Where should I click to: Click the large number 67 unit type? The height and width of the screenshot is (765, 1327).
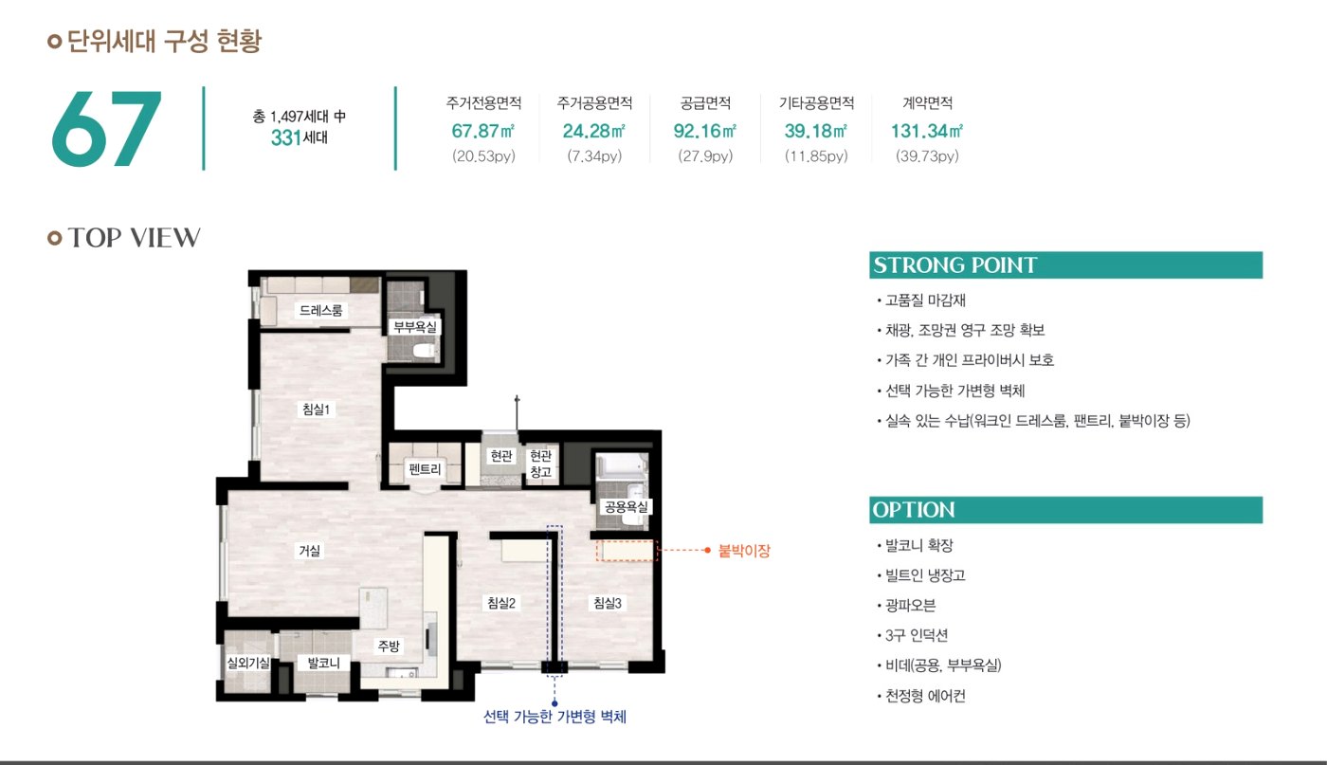point(106,129)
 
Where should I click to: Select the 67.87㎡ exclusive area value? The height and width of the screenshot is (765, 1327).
point(482,131)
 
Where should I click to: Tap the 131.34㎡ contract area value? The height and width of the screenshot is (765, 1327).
point(927,131)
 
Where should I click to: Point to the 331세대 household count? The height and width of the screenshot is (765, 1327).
point(300,138)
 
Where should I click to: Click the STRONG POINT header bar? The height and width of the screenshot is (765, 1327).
point(1065,264)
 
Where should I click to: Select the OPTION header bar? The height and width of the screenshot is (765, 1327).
point(1065,510)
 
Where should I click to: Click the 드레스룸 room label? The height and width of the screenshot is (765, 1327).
point(320,310)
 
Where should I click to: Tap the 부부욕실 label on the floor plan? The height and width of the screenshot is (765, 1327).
point(415,326)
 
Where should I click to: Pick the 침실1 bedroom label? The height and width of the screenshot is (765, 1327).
point(316,409)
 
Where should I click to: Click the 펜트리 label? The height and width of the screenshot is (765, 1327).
point(425,468)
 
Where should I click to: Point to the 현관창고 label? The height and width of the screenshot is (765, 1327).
point(540,464)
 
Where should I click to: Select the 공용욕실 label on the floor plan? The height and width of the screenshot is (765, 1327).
point(626,506)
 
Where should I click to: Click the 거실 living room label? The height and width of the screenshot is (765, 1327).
point(309,551)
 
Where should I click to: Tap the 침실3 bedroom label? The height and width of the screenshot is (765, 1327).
point(608,603)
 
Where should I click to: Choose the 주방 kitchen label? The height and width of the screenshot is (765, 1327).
point(389,646)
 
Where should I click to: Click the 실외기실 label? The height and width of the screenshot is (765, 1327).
point(248,663)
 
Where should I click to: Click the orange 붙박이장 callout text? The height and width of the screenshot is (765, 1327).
point(744,551)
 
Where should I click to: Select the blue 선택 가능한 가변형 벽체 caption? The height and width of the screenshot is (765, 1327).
point(554,717)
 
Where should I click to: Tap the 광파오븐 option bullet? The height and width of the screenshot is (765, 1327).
point(910,605)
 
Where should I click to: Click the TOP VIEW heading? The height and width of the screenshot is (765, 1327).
point(134,238)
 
